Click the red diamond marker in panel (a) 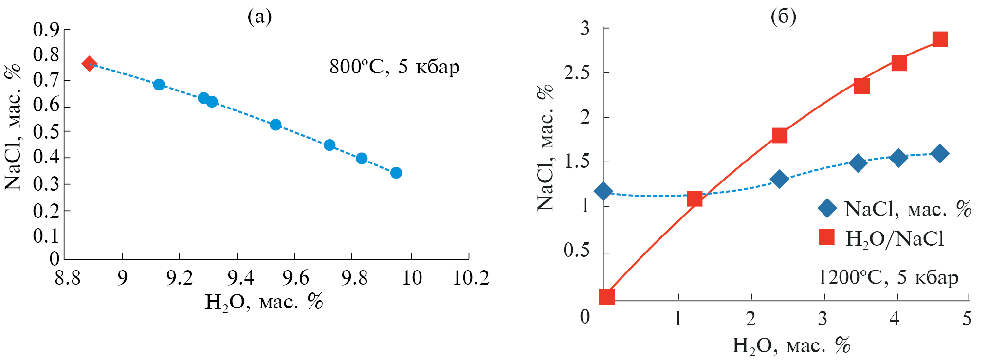click(89, 63)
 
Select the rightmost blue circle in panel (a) click(396, 173)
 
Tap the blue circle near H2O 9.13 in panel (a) click(159, 85)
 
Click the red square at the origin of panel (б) click(606, 297)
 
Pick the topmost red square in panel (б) click(940, 39)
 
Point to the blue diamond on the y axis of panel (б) click(604, 191)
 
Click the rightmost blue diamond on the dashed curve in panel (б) click(940, 153)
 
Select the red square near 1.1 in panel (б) click(695, 199)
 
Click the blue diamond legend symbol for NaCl click(827, 209)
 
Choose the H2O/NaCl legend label click(895, 239)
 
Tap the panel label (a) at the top click(259, 17)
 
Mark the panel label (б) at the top click(784, 17)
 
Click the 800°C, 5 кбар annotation click(394, 67)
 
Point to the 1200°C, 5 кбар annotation click(888, 277)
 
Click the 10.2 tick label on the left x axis click(471, 278)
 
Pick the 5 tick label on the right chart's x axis click(967, 319)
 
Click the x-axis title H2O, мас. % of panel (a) click(264, 303)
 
